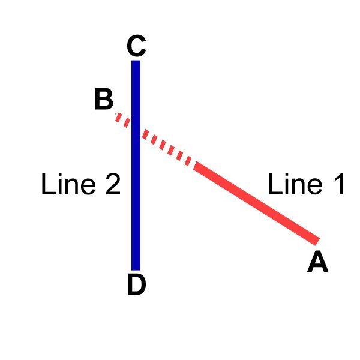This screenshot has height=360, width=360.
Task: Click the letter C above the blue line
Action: [x=136, y=46]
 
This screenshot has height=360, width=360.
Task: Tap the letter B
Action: [x=104, y=100]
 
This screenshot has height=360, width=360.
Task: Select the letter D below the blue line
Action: [x=137, y=284]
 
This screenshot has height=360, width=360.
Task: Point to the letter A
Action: [x=318, y=262]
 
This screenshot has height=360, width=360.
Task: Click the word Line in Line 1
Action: [x=295, y=184]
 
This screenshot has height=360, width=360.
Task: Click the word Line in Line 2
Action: [x=68, y=184]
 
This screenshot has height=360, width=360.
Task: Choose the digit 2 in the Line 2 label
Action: [x=113, y=184]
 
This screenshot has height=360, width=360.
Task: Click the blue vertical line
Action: [x=136, y=166]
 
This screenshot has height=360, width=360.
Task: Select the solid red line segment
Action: [x=256, y=203]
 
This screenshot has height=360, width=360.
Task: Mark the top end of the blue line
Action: [x=136, y=61]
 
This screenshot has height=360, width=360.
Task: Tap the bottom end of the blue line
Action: [x=136, y=270]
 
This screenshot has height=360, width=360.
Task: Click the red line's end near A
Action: [x=316, y=242]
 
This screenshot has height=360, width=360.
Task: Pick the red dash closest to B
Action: [x=118, y=118]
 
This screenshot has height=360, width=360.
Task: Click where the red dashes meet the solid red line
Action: [x=194, y=166]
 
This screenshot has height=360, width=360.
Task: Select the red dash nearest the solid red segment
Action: [x=188, y=161]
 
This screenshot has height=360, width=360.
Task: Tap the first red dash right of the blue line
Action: [x=146, y=134]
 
